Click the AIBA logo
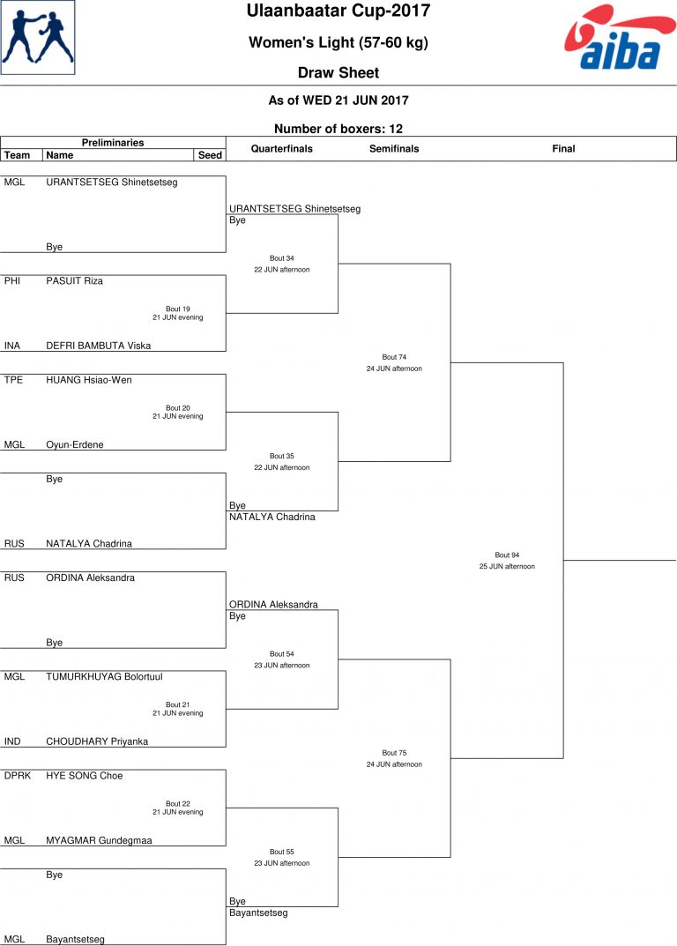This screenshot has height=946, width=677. (620, 37)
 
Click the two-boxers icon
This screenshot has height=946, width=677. (38, 37)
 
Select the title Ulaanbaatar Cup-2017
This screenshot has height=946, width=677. (338, 11)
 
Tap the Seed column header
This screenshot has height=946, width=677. (210, 155)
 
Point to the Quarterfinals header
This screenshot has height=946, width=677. (282, 148)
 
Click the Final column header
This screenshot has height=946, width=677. (563, 148)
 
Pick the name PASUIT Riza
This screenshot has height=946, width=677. (74, 280)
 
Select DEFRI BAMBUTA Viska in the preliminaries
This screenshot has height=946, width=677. (99, 346)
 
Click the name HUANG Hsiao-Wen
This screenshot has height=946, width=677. (89, 379)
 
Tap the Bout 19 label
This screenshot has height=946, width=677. (178, 309)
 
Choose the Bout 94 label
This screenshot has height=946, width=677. (507, 555)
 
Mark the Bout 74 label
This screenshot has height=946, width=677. (394, 357)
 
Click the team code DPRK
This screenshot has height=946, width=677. (17, 775)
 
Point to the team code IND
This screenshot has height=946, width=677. (12, 741)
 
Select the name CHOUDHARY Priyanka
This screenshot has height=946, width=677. (97, 741)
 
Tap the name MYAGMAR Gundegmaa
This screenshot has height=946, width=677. (99, 840)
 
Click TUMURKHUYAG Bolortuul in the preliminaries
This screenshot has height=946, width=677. (104, 676)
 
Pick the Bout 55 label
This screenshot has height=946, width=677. (282, 852)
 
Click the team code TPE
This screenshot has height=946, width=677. (13, 379)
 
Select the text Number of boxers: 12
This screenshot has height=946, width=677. (338, 129)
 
